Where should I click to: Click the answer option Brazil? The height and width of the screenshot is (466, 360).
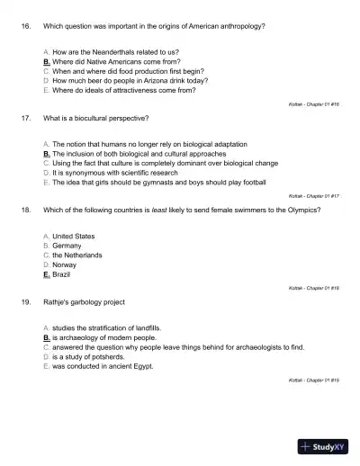[61, 274]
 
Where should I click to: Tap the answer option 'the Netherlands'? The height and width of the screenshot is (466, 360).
[76, 255]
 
